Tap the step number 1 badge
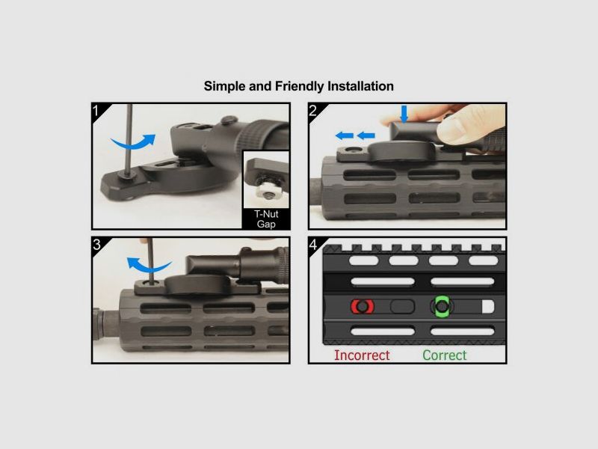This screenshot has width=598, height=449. (x=96, y=111)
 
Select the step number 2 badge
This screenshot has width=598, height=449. (x=312, y=111)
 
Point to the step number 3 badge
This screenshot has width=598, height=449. (x=96, y=245)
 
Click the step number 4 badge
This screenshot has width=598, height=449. (x=313, y=245)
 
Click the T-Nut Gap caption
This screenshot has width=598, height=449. (x=266, y=219)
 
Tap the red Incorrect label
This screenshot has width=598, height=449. (x=362, y=355)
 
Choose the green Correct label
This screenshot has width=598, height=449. (x=445, y=355)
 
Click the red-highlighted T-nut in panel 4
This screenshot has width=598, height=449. (x=363, y=307)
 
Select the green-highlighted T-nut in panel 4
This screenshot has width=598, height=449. (x=442, y=306)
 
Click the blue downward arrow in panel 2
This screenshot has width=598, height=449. (x=404, y=114)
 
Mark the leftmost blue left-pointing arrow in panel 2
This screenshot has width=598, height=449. (x=344, y=135)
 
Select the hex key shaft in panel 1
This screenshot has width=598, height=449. (x=129, y=139)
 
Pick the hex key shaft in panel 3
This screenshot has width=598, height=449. (x=151, y=260)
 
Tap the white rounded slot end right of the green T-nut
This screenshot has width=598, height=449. (x=488, y=306)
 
